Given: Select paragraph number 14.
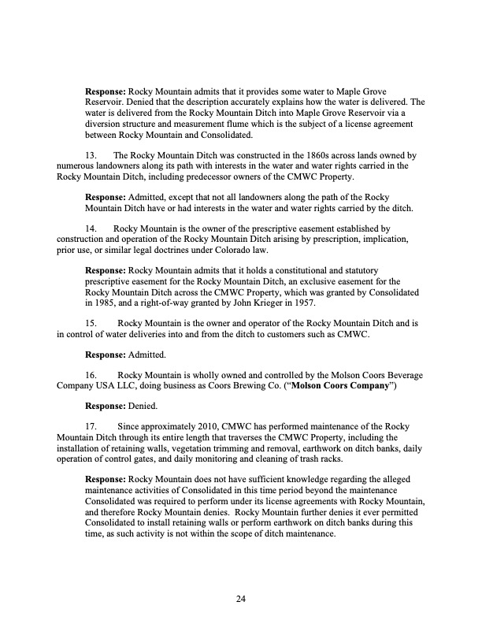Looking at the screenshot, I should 91,229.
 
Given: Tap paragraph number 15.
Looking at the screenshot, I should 91,322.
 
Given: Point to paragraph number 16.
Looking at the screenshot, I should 91,375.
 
